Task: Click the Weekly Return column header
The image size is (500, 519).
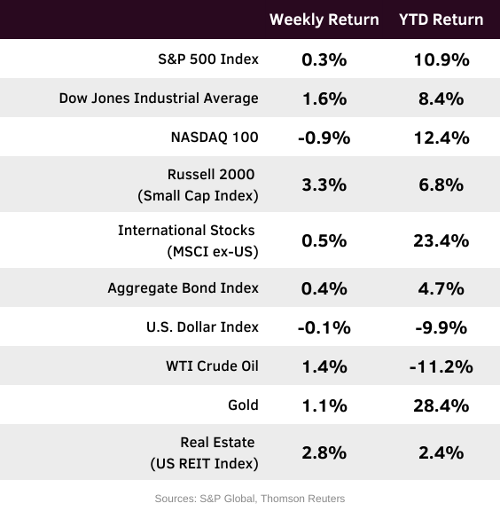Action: [324, 20]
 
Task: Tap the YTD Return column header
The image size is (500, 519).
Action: [441, 20]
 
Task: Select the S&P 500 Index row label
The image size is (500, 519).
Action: [208, 59]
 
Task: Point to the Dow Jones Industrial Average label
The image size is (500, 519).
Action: [159, 98]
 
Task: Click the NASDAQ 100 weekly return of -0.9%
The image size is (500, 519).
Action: [324, 138]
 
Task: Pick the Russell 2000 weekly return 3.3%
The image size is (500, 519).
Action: [324, 185]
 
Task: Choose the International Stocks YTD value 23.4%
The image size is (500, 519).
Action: [441, 240]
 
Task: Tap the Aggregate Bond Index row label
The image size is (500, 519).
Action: [184, 288]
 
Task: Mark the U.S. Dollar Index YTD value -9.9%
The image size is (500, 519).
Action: [441, 327]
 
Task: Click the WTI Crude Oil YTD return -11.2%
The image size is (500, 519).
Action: [441, 366]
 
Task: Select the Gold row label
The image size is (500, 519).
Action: [243, 405]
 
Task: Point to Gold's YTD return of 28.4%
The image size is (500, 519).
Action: [441, 405]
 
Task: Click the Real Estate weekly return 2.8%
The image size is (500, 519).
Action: [324, 452]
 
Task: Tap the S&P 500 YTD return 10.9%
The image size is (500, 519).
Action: [441, 60]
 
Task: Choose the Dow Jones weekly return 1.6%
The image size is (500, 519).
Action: [324, 99]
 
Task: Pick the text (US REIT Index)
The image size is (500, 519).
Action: [205, 464]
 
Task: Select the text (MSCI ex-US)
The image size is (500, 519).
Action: [213, 252]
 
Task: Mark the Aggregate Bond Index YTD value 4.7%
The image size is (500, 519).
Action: [441, 288]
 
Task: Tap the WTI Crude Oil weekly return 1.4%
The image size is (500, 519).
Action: [324, 366]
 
